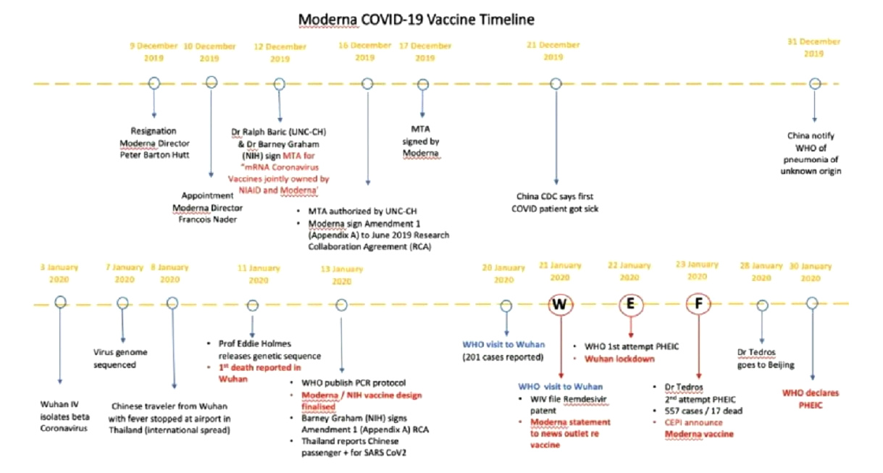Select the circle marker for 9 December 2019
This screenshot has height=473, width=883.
[154, 83]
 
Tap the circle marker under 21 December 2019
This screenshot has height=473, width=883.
[556, 83]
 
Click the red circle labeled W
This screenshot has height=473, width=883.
[559, 304]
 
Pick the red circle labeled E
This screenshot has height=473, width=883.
[630, 304]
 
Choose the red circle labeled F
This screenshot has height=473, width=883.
[698, 304]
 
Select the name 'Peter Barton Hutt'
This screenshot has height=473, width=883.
[154, 154]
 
